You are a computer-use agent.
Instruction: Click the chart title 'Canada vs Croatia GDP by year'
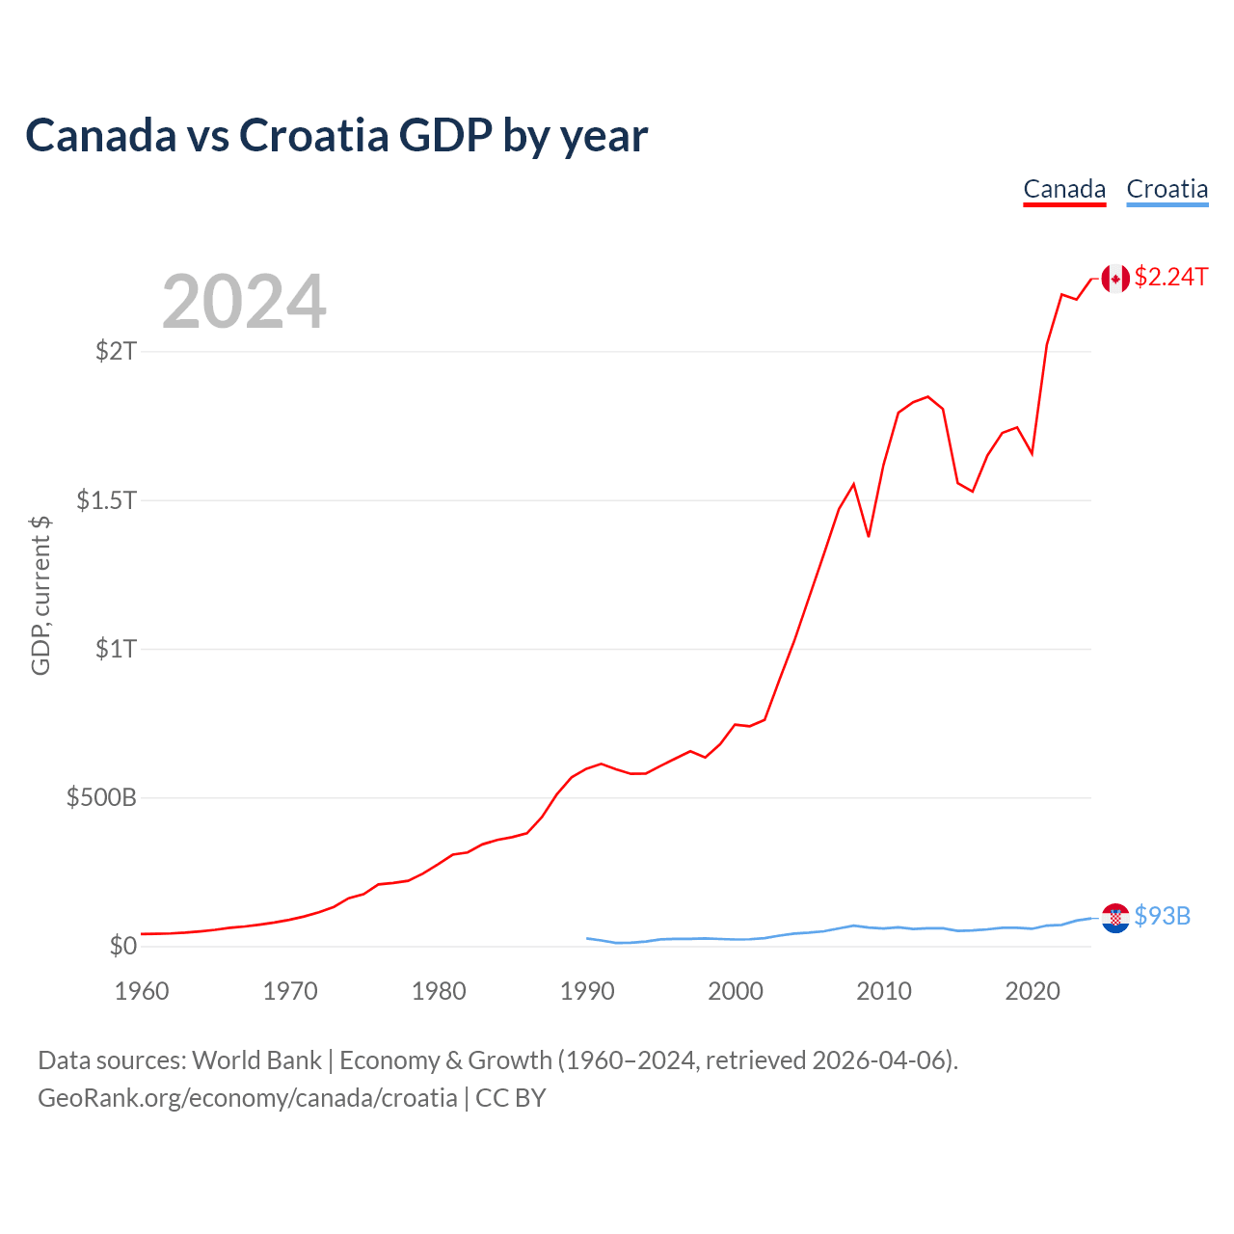tap(336, 135)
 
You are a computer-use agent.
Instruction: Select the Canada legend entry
tap(1064, 189)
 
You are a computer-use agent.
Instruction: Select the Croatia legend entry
tap(1167, 189)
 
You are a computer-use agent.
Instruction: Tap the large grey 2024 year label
tap(244, 302)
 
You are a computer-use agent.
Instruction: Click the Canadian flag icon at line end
tap(1115, 279)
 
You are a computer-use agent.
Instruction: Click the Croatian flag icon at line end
tap(1115, 918)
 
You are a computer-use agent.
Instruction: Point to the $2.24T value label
tap(1171, 278)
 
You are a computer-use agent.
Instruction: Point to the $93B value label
tap(1163, 916)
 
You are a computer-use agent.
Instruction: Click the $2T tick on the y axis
tap(116, 351)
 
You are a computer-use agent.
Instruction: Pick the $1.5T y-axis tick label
tap(107, 500)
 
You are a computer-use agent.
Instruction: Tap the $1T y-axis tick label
tap(116, 649)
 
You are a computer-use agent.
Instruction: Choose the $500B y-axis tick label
tap(101, 798)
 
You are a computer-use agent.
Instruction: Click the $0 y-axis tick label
tap(122, 947)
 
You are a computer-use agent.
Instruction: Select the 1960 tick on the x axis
tap(142, 991)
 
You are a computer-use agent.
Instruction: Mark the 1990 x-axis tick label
tap(587, 991)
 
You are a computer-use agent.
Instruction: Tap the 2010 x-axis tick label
tap(884, 991)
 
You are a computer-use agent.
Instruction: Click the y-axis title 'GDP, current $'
tap(40, 596)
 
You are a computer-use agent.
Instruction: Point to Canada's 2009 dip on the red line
tap(869, 535)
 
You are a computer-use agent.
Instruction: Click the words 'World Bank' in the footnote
tap(256, 1060)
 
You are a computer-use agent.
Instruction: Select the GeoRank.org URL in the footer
tap(248, 1098)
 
